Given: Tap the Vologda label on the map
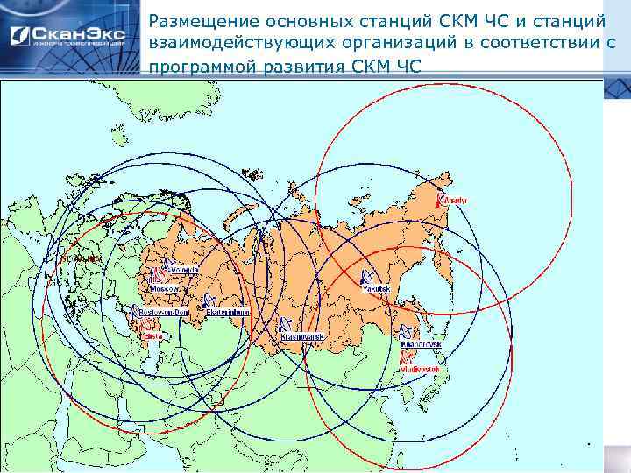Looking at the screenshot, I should (x=186, y=269).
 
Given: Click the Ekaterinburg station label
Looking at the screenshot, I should (x=230, y=313).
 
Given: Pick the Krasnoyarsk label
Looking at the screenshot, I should (x=304, y=337).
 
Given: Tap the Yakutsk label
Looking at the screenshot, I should (x=374, y=287).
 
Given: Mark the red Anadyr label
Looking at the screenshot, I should (x=457, y=201).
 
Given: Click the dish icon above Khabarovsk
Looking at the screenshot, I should (x=408, y=333).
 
